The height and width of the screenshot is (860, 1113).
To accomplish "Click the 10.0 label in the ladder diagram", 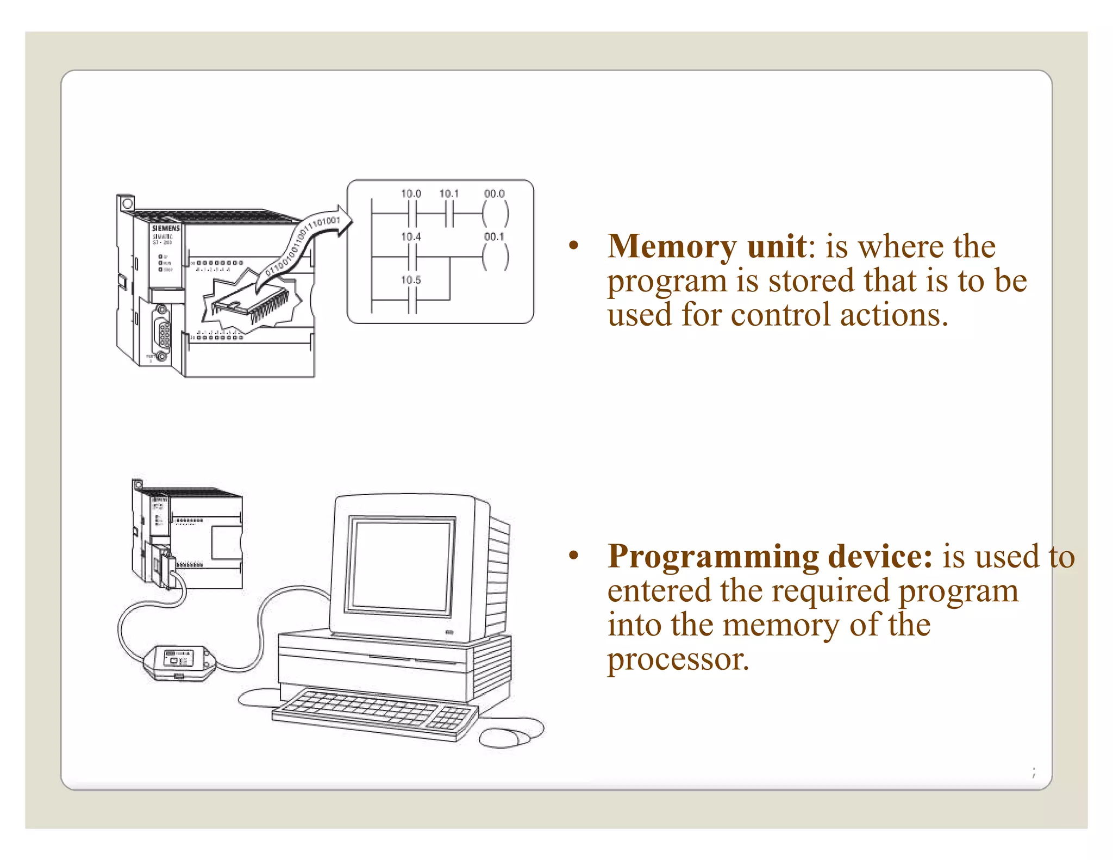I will click(x=411, y=194).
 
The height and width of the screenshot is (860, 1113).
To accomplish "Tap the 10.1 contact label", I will click(x=449, y=194).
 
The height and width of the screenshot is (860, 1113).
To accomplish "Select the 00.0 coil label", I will click(x=494, y=194).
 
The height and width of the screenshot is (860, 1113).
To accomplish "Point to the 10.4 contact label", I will click(x=411, y=237).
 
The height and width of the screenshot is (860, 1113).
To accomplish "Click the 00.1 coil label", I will click(x=494, y=237).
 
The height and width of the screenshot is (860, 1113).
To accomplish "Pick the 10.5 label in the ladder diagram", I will click(x=411, y=281).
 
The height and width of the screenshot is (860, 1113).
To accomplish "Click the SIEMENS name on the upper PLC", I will click(x=166, y=228).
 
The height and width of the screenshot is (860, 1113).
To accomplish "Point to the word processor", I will click(x=678, y=659).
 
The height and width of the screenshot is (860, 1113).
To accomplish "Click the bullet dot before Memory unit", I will click(x=573, y=246).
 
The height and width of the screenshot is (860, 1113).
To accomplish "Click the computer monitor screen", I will click(x=401, y=565).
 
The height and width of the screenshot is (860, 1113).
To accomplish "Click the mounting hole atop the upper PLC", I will click(x=127, y=204).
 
